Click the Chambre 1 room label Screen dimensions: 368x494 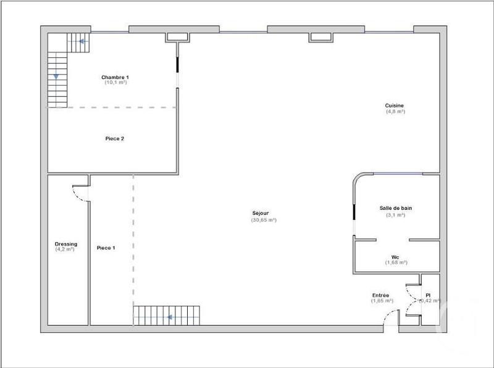pos(115,77)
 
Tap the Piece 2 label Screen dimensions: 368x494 pos(115,139)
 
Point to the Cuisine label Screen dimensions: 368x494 pos(395,106)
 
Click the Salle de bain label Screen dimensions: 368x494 pos(395,209)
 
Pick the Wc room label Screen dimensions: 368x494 pos(395,257)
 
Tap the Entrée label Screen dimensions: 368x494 pos(381,295)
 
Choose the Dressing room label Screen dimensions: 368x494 pos(66,244)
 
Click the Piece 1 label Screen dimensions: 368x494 pos(106,248)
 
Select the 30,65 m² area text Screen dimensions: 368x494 pos(264,220)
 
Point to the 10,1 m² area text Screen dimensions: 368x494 pos(115,83)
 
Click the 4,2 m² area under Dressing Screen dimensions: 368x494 pos(65,249)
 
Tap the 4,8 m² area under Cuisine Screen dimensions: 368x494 pos(395,112)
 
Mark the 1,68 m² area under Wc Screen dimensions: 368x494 pos(396,262)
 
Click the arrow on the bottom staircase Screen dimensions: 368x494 pos(170,317)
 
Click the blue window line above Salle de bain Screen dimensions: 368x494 pos(398,174)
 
